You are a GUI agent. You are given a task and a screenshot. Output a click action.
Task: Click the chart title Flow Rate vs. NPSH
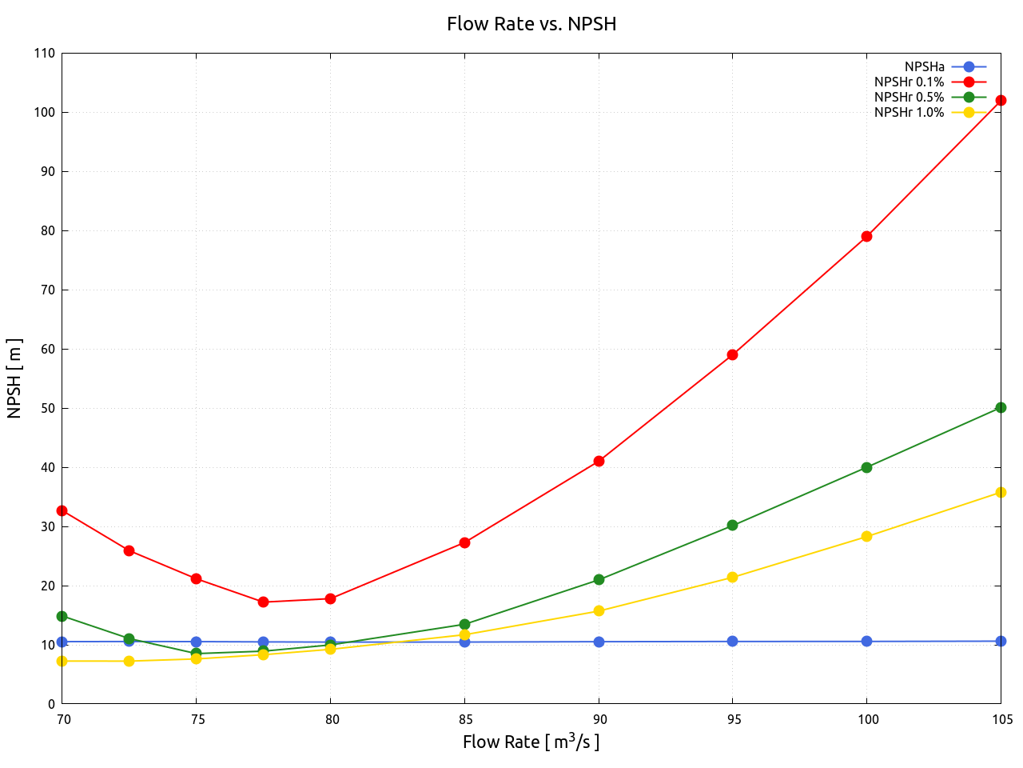coord(531,24)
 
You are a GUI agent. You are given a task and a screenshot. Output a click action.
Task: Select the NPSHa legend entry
coord(925,67)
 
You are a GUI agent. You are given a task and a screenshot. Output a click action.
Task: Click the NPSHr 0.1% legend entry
coord(910,82)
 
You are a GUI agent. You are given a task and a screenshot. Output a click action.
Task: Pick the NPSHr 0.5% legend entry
coord(910,98)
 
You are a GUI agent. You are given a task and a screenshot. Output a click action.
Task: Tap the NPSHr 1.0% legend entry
coord(910,113)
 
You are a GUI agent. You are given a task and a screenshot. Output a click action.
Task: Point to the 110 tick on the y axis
coord(45,54)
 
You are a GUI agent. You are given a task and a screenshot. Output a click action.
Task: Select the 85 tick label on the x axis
coord(464,719)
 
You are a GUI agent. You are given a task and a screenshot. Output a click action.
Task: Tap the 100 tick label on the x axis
coord(867,719)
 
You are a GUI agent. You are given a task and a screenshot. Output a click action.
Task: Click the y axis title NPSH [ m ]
coord(14,378)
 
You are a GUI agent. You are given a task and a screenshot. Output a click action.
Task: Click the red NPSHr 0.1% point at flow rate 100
coord(866,236)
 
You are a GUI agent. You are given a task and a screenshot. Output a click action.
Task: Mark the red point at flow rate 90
coord(599,461)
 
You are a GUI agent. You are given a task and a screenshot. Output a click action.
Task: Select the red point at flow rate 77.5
coord(263,602)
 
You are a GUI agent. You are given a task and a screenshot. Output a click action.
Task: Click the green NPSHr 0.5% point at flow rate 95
coord(732,526)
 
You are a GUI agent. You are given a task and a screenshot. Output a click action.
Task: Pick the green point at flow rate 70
coord(62,616)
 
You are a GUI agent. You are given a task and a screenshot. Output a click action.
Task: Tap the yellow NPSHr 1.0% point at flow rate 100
coord(866,537)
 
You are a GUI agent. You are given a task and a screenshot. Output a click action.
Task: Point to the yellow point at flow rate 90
coord(599,611)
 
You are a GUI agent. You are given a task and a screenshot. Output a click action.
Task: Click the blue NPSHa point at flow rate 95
coord(732,642)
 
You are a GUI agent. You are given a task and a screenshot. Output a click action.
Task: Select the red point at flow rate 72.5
coord(129,550)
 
